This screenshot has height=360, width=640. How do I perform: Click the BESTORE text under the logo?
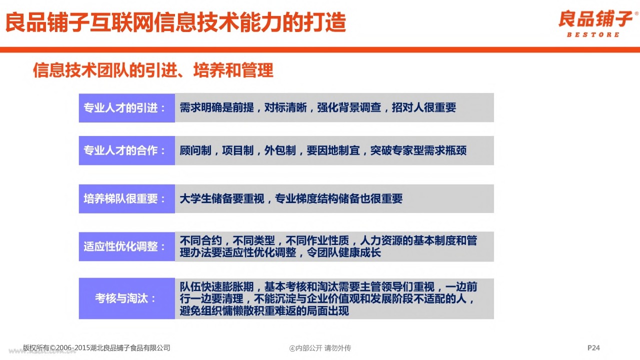[x=593, y=34]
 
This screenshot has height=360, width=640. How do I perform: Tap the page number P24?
[x=593, y=347]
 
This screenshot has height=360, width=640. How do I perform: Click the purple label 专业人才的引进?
[x=124, y=108]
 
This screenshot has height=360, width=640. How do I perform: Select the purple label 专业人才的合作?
[x=124, y=150]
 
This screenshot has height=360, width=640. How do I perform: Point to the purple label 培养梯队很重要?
[x=124, y=199]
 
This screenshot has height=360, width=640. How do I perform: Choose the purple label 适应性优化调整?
[x=124, y=246]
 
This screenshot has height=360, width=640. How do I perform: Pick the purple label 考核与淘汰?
[x=125, y=298]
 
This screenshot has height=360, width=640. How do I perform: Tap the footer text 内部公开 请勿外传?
[x=323, y=348]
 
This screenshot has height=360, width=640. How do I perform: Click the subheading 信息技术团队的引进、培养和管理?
[x=153, y=70]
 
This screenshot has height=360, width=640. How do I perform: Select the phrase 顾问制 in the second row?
[x=195, y=150]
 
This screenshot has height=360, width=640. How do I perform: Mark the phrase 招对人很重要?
[x=424, y=107]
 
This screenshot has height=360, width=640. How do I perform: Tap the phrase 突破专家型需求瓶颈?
[x=418, y=150]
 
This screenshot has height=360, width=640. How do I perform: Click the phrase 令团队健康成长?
[x=344, y=252]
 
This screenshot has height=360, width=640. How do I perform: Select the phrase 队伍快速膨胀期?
[x=216, y=286]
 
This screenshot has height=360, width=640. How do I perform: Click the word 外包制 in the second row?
[x=280, y=150]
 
